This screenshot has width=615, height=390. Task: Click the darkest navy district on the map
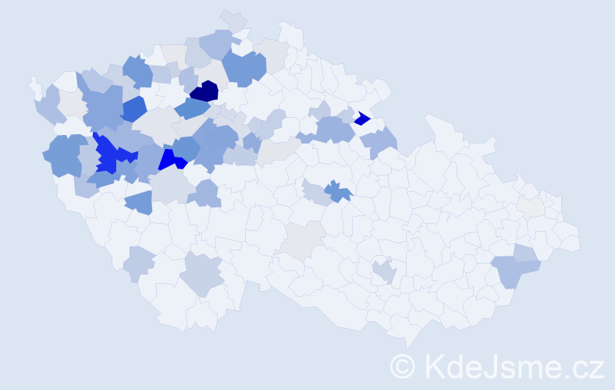(x=204, y=91)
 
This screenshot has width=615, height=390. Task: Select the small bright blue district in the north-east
(x=361, y=119)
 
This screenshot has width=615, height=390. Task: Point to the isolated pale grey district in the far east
(x=532, y=207)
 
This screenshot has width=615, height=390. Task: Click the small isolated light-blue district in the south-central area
(x=383, y=271)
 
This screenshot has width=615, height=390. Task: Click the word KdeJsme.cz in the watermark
(x=514, y=366)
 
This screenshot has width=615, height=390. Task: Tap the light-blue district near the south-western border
(x=139, y=264)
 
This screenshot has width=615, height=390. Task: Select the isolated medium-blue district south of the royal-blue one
(x=138, y=202)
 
